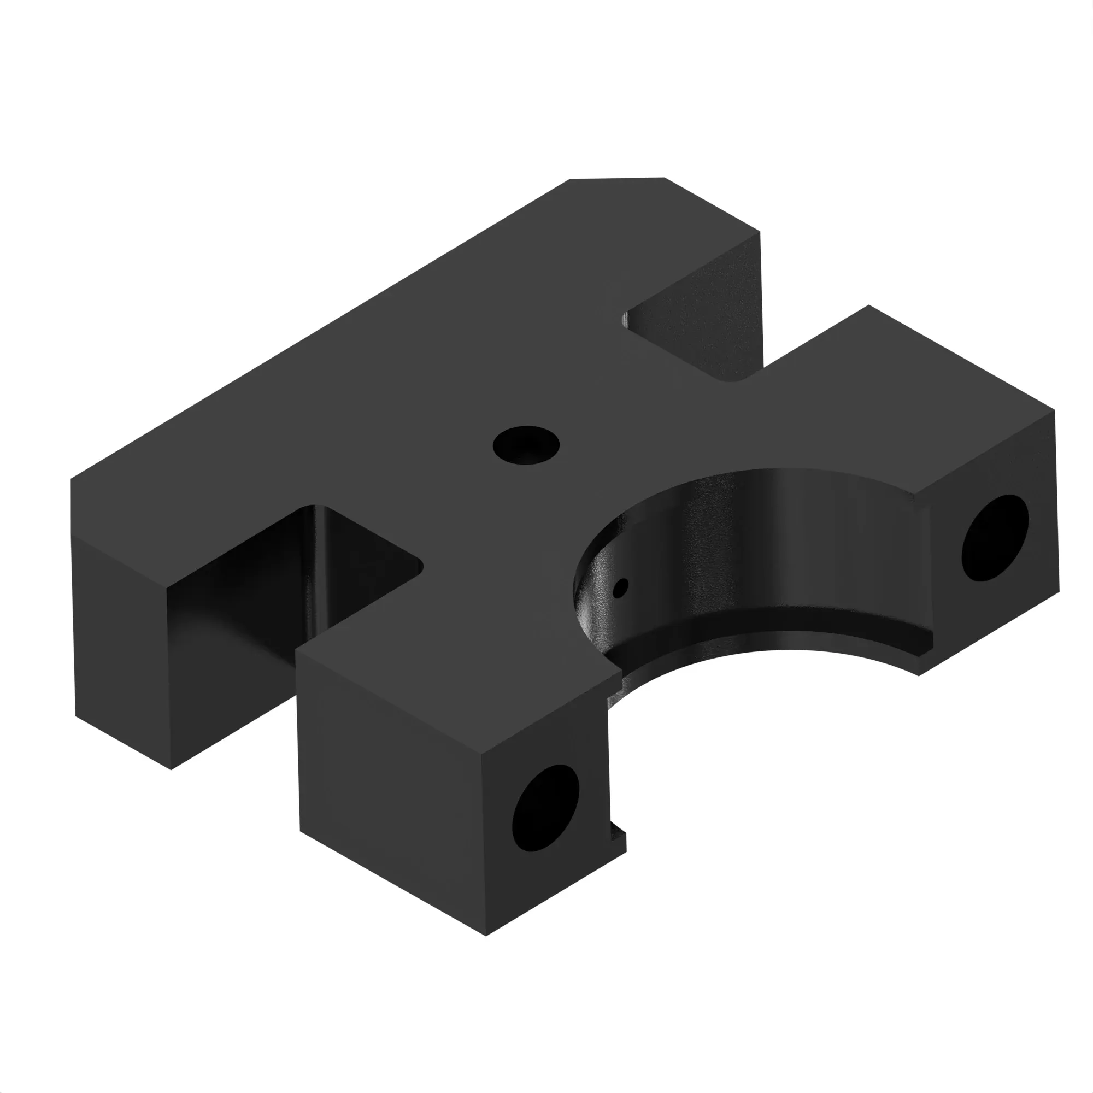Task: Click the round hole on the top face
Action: coord(526,445)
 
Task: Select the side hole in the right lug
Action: coord(995,538)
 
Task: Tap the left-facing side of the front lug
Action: coord(390,792)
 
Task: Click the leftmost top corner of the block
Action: coord(71,480)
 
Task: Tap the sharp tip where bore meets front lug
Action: coord(621,673)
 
